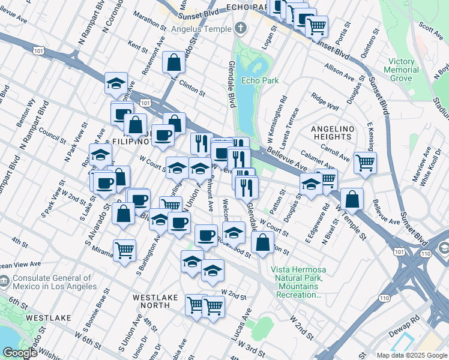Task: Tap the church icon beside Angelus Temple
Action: point(241,28)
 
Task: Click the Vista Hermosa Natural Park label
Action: point(297,282)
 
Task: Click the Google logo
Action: point(20,353)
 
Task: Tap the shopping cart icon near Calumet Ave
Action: point(365,161)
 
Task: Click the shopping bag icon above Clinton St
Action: point(173,62)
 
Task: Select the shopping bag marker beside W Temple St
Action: point(353,199)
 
